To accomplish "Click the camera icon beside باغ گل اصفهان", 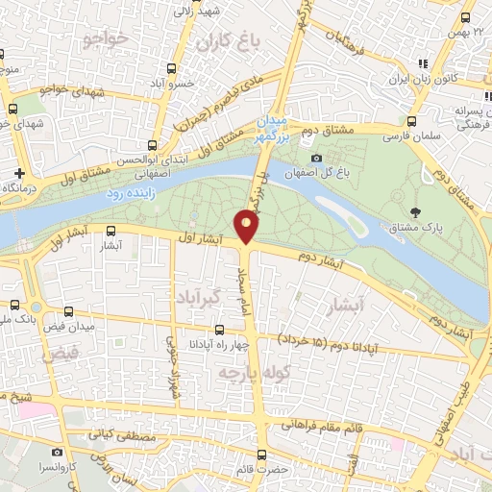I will (x=317, y=158).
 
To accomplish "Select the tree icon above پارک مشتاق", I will (x=415, y=212).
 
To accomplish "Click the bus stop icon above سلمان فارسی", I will (x=411, y=122).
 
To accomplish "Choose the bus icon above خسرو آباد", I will (x=172, y=69).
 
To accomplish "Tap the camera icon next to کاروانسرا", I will (x=58, y=452).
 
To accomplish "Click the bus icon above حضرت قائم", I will (x=261, y=455).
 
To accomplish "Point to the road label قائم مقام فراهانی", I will (x=321, y=425).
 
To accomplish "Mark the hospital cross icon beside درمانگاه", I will (x=19, y=174).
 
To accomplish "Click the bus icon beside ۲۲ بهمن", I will (x=465, y=17).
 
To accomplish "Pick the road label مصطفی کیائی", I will (x=123, y=435).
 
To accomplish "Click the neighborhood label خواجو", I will (x=106, y=39).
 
